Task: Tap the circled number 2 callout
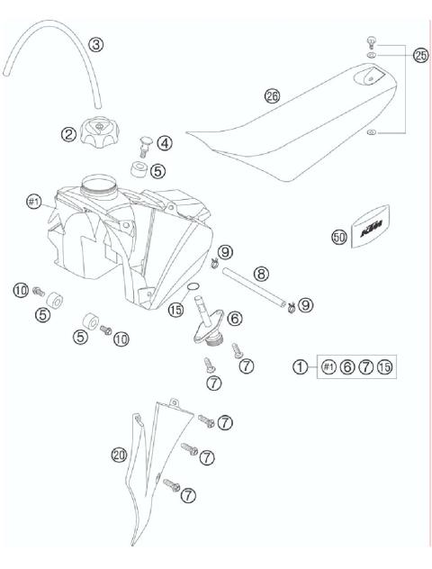coord(67,134)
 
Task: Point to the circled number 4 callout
coord(164,142)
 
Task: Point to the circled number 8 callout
coord(261,271)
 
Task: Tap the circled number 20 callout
coord(118,456)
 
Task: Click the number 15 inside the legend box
coord(385,366)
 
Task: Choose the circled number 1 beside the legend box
coord(301,366)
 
